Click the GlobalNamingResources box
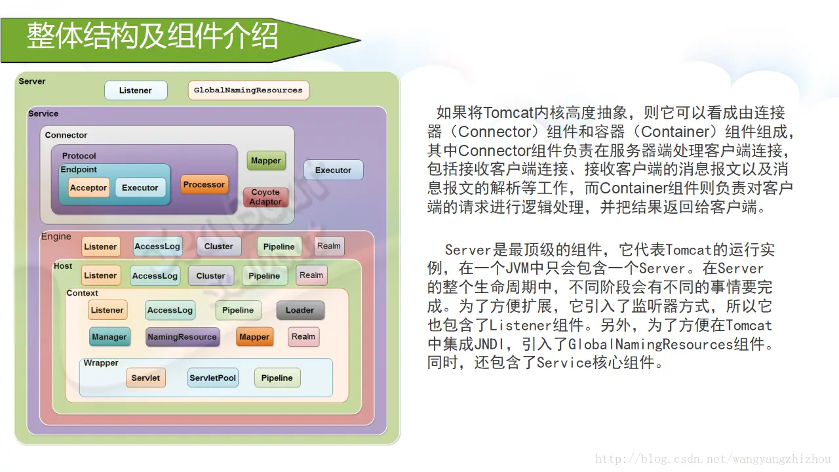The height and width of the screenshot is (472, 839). [248, 90]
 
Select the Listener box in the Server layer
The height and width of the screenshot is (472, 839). [136, 90]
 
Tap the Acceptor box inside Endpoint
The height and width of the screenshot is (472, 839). [88, 187]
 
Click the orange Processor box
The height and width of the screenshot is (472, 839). [204, 185]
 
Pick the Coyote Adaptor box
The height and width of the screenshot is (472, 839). [265, 197]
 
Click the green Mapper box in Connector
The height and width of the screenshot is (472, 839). [266, 161]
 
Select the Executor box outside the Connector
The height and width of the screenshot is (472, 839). [333, 170]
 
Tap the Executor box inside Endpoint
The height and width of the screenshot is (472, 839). [140, 187]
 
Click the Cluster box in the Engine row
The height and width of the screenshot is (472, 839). [219, 246]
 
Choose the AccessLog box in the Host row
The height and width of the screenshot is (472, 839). [155, 276]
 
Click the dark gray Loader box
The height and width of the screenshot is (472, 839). [300, 310]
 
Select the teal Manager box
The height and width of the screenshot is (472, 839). [109, 337]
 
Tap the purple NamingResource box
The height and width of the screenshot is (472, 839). [182, 337]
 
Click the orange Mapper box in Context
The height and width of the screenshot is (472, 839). [254, 337]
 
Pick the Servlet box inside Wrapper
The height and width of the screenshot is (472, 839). [146, 378]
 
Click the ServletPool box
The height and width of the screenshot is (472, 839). [212, 378]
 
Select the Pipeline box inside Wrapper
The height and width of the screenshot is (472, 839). [277, 378]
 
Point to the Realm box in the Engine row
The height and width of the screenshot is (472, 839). [329, 246]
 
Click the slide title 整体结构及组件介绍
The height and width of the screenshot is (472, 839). [153, 37]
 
